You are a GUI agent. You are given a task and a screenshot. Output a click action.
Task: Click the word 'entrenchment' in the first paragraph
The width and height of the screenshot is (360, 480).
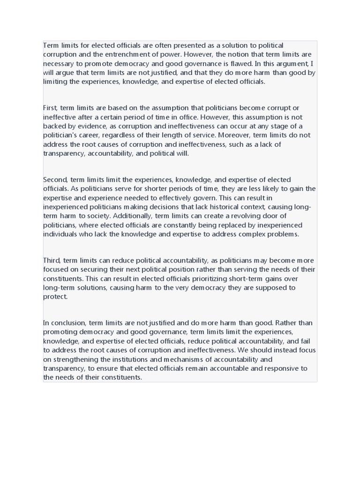135,54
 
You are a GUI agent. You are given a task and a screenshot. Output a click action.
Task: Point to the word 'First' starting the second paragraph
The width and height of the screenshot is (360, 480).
51,108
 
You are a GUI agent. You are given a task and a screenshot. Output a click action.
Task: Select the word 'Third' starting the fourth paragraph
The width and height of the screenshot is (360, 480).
52,260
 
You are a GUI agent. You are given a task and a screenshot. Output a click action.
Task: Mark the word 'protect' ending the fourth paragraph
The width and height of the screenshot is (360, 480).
55,296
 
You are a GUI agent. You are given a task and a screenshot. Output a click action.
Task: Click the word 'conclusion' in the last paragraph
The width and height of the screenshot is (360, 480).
68,323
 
